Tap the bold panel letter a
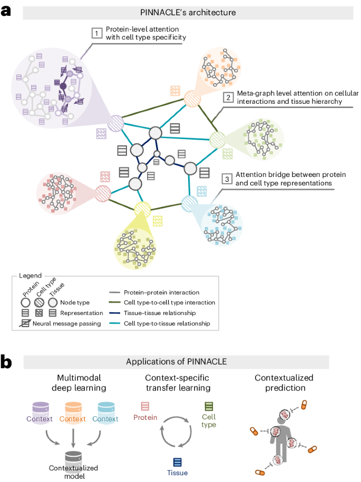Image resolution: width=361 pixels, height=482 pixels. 6,12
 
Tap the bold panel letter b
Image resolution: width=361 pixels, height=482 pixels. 6,362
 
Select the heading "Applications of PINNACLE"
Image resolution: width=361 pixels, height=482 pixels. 177,362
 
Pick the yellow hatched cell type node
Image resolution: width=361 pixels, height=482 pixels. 142,210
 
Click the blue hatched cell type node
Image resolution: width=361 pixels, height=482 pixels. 189,203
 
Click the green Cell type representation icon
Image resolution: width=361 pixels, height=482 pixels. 209,406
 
